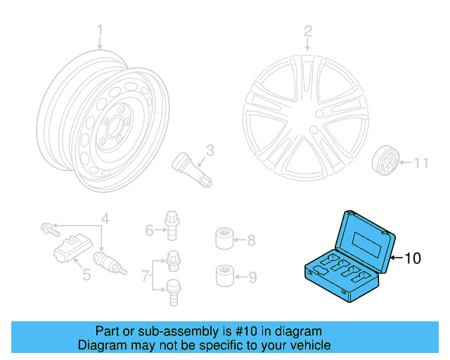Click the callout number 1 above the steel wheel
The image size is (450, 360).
point(100,30)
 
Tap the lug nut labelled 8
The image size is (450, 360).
point(224,239)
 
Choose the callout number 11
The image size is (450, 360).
point(420,163)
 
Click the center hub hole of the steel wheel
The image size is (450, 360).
point(110,127)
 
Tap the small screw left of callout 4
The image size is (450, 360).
point(46,227)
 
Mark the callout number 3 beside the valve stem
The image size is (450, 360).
point(210,149)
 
